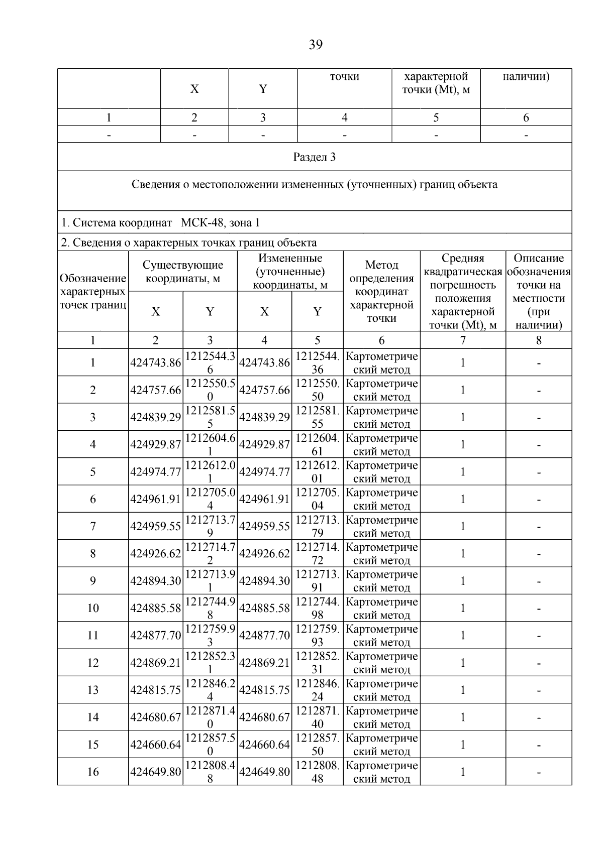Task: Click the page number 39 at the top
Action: (x=315, y=45)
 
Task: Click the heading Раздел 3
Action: (x=314, y=157)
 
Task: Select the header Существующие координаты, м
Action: (x=183, y=271)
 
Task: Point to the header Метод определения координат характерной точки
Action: (x=381, y=291)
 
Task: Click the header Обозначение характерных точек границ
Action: (x=93, y=291)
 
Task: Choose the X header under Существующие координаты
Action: (x=156, y=312)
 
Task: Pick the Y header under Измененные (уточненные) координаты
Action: (x=317, y=312)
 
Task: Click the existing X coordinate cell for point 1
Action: (x=155, y=362)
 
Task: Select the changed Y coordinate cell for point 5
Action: (x=317, y=471)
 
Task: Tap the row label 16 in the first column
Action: (x=93, y=772)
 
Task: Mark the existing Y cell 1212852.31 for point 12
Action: (x=210, y=663)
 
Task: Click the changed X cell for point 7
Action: (x=264, y=526)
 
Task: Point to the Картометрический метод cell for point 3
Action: (x=381, y=417)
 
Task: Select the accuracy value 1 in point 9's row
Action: (x=463, y=581)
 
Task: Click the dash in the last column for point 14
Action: (x=539, y=717)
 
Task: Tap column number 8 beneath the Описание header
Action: (x=539, y=340)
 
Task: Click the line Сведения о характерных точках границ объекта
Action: (x=189, y=243)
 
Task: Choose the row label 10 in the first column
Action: (x=93, y=608)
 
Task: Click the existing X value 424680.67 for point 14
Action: (x=155, y=717)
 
